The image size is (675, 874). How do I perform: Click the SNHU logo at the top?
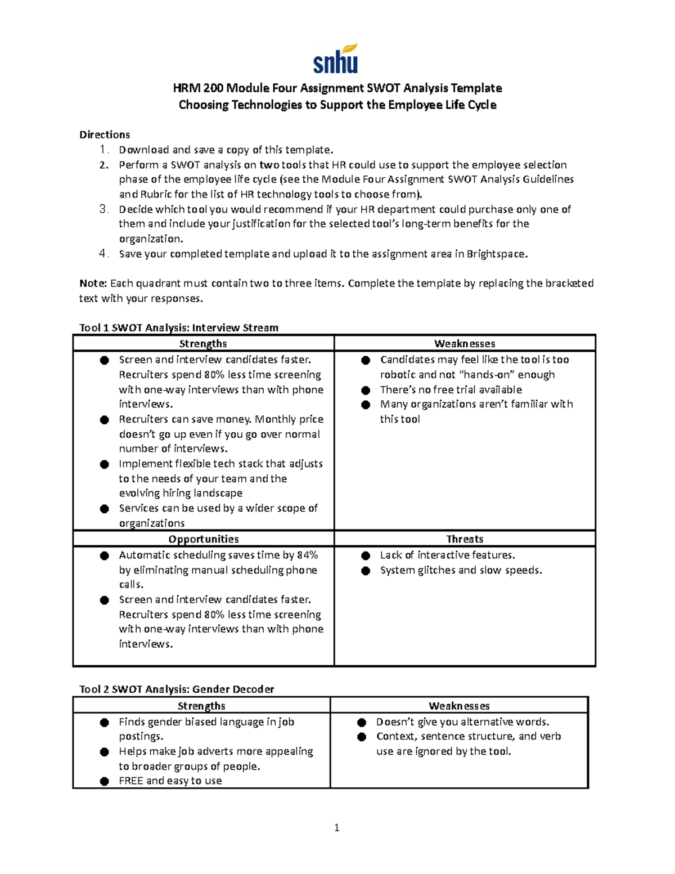coord(336,59)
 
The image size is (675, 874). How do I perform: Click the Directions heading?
coord(105,135)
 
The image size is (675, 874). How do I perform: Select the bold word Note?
coord(93,283)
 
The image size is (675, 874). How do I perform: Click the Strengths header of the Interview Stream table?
coord(203,343)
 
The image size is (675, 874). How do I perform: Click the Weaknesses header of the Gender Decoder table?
coord(459,706)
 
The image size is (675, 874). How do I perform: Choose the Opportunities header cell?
coord(203,539)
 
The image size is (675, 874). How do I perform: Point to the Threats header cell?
coord(465,539)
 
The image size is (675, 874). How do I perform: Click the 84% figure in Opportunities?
coord(307,555)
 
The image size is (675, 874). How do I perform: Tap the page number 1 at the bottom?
coord(336,827)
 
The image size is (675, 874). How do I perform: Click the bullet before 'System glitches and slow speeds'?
coord(366,571)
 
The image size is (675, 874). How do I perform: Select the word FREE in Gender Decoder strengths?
coord(131,781)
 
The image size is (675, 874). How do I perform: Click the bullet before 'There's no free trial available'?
coord(366,390)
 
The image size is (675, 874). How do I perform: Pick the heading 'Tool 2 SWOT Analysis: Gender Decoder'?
coord(177,689)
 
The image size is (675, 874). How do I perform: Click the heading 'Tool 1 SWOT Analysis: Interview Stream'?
coord(179,328)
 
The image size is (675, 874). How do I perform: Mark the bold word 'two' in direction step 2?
coord(269,165)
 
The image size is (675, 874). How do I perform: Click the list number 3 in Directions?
coord(103,209)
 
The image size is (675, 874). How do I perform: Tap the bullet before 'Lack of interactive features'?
coord(366,555)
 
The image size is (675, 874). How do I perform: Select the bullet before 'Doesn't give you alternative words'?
coord(362,722)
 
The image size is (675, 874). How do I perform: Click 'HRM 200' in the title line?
coord(198,88)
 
